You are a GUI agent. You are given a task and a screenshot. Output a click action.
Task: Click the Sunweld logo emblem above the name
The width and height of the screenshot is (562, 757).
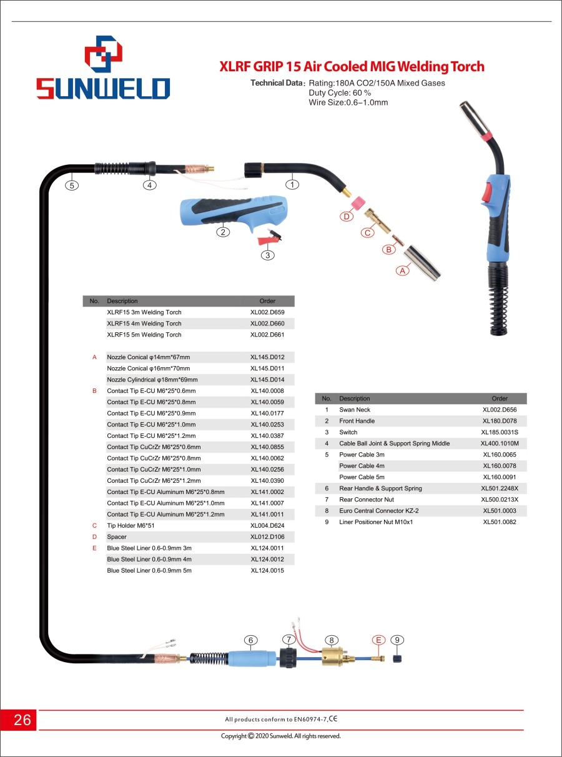click(x=104, y=54)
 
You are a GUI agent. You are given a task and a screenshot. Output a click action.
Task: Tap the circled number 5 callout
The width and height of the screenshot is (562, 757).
click(x=72, y=186)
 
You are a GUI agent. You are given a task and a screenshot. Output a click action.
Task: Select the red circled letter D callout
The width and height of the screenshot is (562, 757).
click(x=347, y=216)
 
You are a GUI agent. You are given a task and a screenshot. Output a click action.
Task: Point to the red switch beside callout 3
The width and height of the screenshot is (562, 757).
click(x=269, y=238)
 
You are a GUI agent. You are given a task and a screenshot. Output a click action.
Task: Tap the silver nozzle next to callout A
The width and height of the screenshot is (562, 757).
click(x=422, y=263)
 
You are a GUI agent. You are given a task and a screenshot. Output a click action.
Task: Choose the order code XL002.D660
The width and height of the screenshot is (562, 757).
click(x=267, y=324)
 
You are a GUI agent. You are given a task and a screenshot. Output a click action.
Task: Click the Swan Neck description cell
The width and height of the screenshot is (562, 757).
click(x=355, y=410)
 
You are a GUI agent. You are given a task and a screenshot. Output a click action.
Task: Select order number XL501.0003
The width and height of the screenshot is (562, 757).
click(x=500, y=510)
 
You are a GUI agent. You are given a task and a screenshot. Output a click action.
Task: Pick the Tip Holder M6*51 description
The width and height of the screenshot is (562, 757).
click(x=131, y=526)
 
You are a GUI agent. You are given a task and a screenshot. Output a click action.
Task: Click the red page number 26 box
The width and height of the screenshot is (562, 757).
click(x=19, y=720)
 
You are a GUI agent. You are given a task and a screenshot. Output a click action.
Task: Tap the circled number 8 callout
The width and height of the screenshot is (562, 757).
click(x=332, y=640)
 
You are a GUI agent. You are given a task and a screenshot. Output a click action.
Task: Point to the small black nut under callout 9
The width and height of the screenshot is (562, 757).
click(x=397, y=658)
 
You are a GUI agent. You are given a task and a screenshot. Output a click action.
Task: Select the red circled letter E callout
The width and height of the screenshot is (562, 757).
click(x=378, y=640)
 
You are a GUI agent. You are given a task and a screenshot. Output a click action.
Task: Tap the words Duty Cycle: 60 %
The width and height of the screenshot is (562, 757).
click(x=340, y=93)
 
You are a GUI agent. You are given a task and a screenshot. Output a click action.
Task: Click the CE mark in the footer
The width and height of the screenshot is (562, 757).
click(x=333, y=718)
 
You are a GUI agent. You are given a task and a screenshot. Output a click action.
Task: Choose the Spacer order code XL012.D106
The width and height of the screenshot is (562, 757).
click(x=267, y=537)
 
